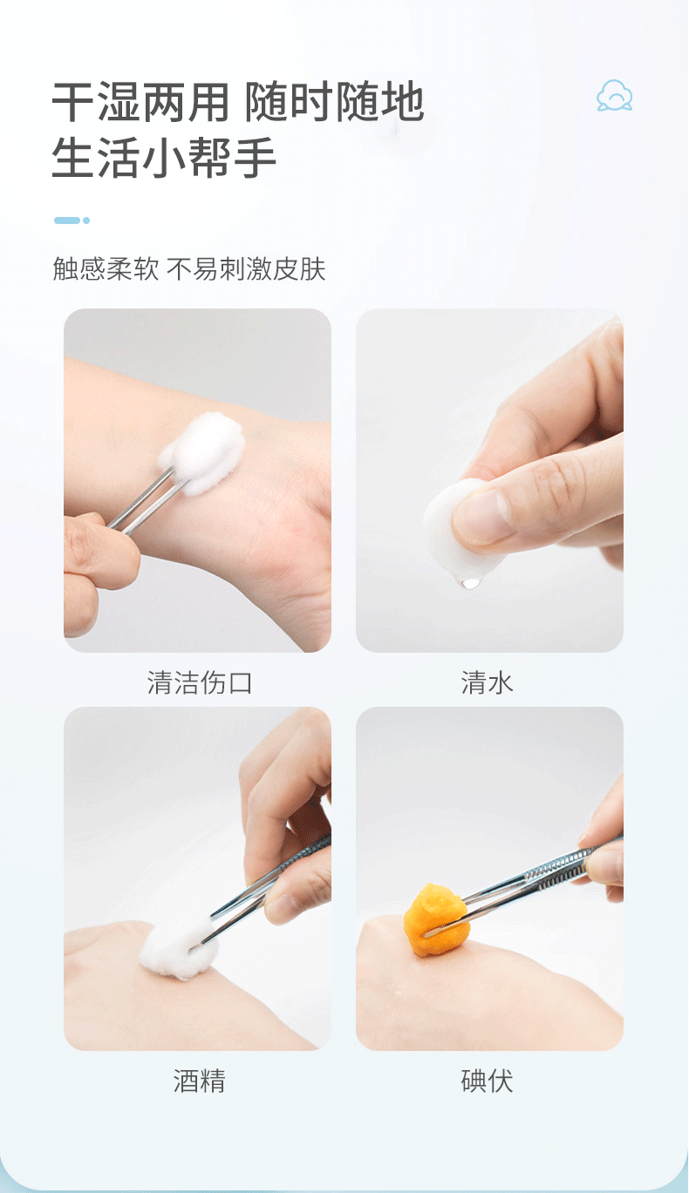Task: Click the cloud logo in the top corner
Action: coord(614,96)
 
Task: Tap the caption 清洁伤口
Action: coord(200,683)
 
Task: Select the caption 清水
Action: coord(487,683)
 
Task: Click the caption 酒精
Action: coord(200,1081)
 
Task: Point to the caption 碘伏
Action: coord(487,1081)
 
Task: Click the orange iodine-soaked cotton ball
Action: coord(436,919)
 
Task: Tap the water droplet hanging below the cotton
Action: coord(470,582)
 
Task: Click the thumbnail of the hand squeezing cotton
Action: coord(489,480)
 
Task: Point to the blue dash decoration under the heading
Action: coord(67,220)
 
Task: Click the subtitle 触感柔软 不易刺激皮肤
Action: coord(189,268)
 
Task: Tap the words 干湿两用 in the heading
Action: coord(140,102)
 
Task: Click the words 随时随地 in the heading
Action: coord(334,102)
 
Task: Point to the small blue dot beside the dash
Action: coord(86,220)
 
